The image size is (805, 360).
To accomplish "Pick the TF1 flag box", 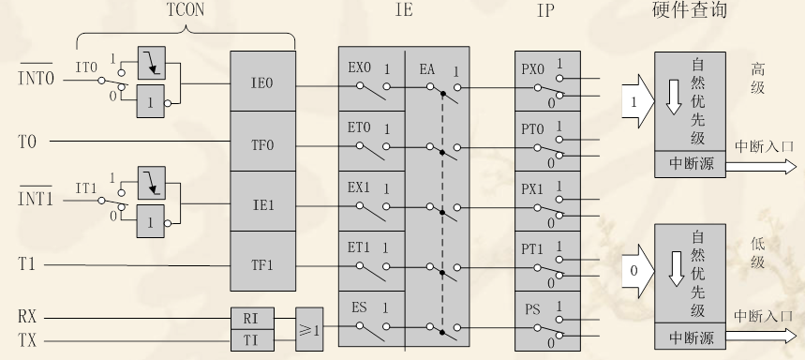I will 261,264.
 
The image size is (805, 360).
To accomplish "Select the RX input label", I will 28,316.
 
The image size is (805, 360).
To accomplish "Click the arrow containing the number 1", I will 638,97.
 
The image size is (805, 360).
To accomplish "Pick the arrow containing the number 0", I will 638,271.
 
